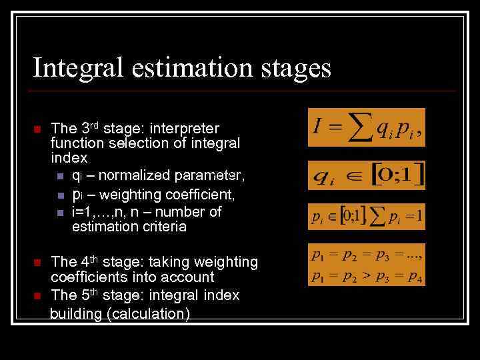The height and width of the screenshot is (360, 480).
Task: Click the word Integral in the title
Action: (74, 69)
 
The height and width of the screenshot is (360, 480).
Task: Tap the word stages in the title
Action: (296, 69)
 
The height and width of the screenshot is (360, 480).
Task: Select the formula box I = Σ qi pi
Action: (366, 127)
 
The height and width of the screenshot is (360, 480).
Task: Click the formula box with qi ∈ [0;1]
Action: (366, 175)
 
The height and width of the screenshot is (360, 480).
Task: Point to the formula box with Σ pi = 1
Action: (366, 216)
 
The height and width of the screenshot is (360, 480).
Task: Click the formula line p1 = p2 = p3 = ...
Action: (367, 254)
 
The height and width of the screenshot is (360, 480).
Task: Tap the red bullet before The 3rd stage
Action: (38, 129)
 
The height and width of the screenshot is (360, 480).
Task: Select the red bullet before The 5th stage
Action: (38, 295)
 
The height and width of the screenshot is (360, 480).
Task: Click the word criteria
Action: (164, 227)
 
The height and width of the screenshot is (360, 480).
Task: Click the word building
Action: (76, 314)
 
